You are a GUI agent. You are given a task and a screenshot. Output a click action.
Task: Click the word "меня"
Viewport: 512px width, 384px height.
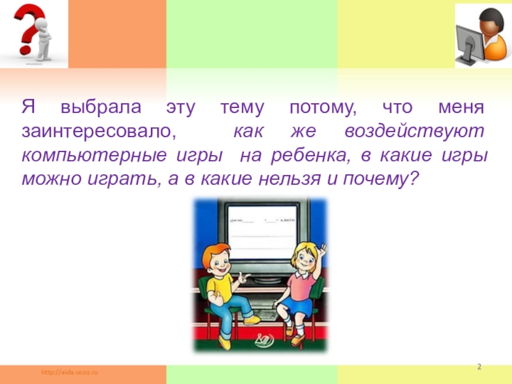click(462, 107)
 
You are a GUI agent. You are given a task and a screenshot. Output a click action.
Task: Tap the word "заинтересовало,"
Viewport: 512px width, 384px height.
click(98, 132)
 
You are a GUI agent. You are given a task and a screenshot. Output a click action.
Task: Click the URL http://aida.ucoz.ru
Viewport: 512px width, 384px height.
click(70, 372)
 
